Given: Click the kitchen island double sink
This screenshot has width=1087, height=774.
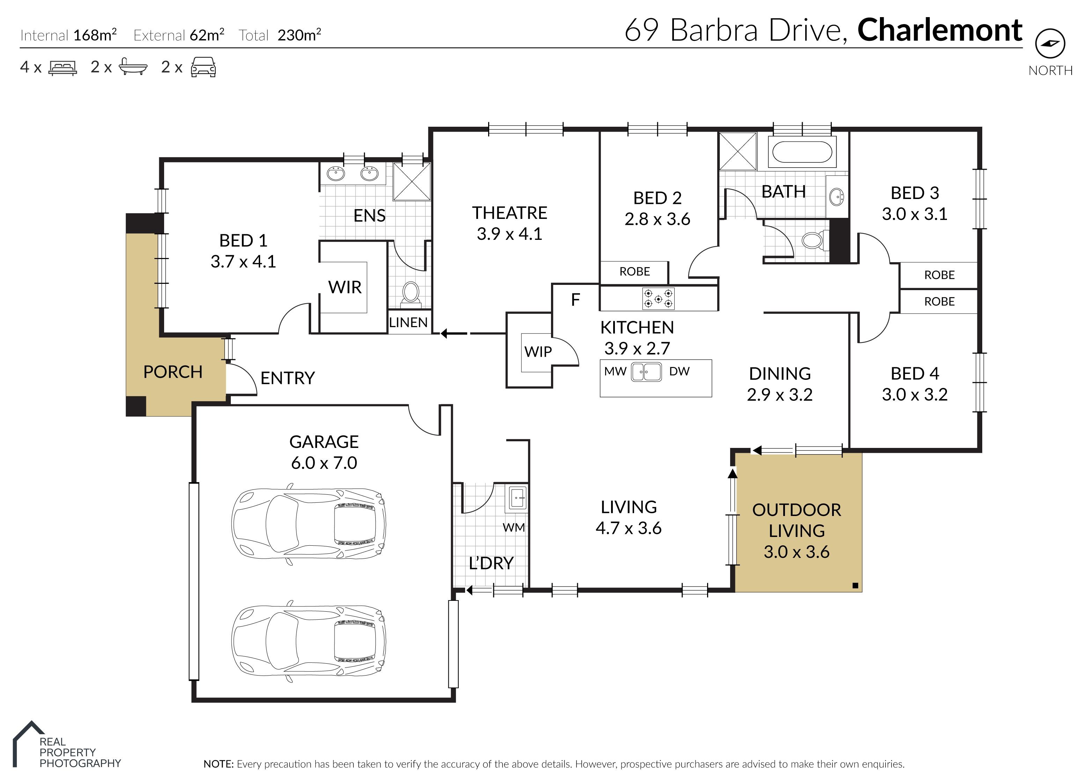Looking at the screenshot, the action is pyautogui.click(x=647, y=372).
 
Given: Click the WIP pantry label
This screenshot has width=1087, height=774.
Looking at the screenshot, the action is pyautogui.click(x=538, y=352).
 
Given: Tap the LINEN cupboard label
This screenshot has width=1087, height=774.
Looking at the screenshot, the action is pyautogui.click(x=409, y=323).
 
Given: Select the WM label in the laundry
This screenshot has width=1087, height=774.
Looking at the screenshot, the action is pyautogui.click(x=514, y=528).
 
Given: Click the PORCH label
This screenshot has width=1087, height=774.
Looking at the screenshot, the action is pyautogui.click(x=173, y=372).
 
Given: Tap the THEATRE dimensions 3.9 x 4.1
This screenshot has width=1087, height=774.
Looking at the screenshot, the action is pyautogui.click(x=509, y=234).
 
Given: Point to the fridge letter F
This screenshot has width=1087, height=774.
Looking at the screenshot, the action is pyautogui.click(x=576, y=300).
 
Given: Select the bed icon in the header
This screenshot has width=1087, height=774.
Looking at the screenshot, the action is pyautogui.click(x=63, y=68).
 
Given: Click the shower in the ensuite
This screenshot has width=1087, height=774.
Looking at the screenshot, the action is pyautogui.click(x=412, y=182).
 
